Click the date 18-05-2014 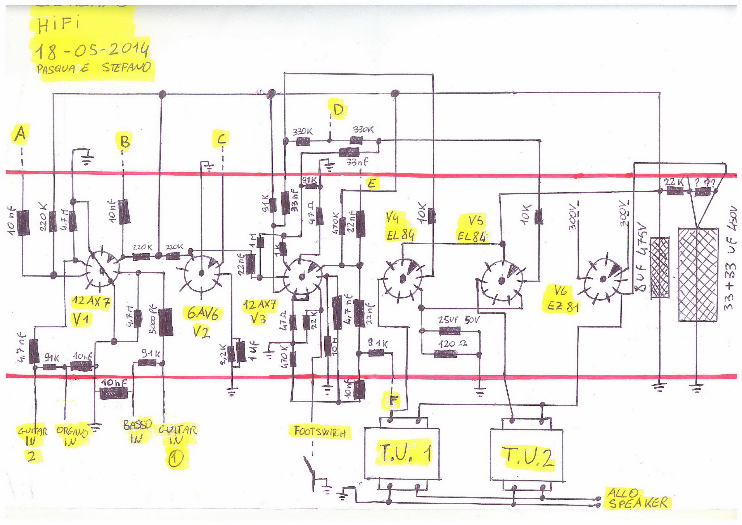(x=92, y=50)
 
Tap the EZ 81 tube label (x=563, y=306)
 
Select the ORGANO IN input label (x=72, y=435)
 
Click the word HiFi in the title (x=58, y=24)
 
